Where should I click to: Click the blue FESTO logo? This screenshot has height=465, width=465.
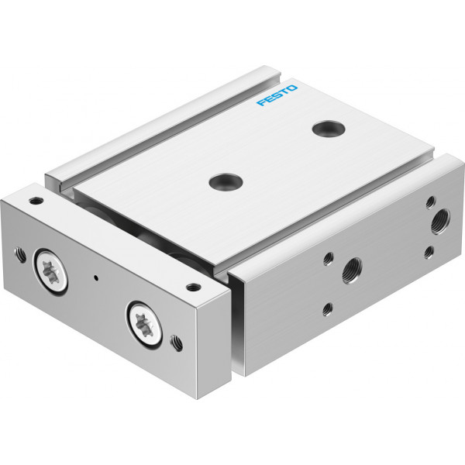pyautogui.click(x=277, y=95)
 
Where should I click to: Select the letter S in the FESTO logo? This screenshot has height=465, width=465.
pyautogui.click(x=277, y=95)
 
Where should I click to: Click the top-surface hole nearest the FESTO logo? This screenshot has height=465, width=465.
pyautogui.click(x=329, y=129)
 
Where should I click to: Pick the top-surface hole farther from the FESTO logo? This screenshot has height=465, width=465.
pyautogui.click(x=226, y=182)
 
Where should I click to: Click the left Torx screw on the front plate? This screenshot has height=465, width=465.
pyautogui.click(x=50, y=272)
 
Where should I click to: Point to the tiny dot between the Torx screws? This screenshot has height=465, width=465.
pyautogui.click(x=96, y=278)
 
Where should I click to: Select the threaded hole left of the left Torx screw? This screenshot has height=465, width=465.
pyautogui.click(x=20, y=254)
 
